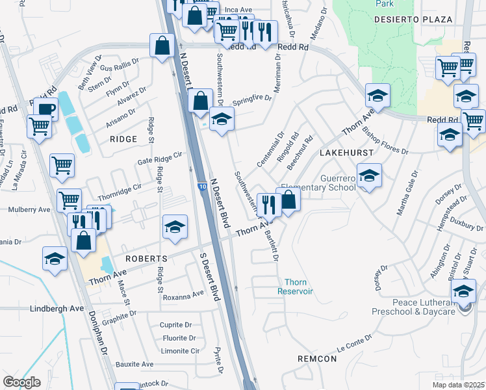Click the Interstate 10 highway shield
(203, 187)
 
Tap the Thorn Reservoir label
(300, 287)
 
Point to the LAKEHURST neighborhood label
(348, 152)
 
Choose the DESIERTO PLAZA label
(413, 19)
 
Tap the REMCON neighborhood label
(317, 359)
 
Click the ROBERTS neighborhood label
(147, 259)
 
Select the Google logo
(22, 382)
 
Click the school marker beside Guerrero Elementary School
(369, 175)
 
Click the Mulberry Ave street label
(29, 210)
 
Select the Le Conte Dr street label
(355, 341)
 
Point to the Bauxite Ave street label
(134, 365)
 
